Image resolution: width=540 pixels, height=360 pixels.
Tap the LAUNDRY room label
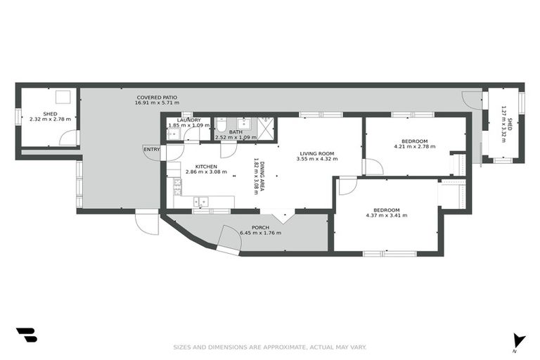tap(189, 120)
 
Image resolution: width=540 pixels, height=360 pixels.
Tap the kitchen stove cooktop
tap(177, 186)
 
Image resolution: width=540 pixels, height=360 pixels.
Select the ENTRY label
tap(151, 148)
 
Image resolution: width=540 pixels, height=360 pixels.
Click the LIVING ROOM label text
tap(316, 153)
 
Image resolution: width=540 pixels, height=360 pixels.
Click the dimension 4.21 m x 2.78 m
tap(414, 147)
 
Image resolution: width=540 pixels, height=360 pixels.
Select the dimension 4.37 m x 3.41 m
tap(386, 217)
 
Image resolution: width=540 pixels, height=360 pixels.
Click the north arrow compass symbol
tap(518, 340)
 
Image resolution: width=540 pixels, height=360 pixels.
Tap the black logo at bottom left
tap(26, 335)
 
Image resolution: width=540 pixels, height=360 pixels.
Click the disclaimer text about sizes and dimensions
tap(270, 347)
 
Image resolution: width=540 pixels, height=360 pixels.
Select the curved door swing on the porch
tap(229, 238)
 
